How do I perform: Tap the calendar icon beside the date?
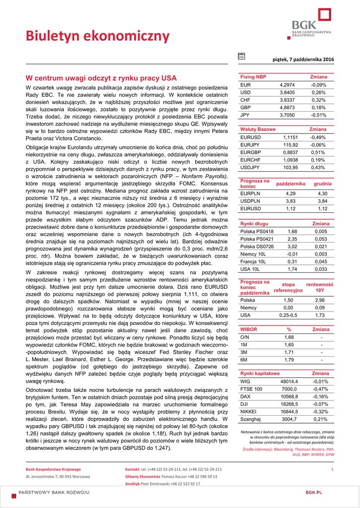pos(241,57)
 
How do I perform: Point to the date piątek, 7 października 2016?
pos(303,60)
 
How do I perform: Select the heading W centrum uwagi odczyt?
pos(101,78)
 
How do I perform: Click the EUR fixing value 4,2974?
pos(287,85)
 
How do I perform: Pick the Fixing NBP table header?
pos(253,77)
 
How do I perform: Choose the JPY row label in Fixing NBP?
pos(245,115)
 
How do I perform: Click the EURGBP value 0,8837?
pos(290,152)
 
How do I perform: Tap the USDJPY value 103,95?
pos(290,168)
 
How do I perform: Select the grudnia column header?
pos(323,184)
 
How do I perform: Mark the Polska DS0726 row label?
pos(257,247)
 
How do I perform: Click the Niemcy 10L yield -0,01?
pos(292,254)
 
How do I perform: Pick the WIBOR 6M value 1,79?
pos(289,360)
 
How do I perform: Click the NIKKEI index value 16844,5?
pos(289,411)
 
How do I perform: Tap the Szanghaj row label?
pos(251,419)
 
